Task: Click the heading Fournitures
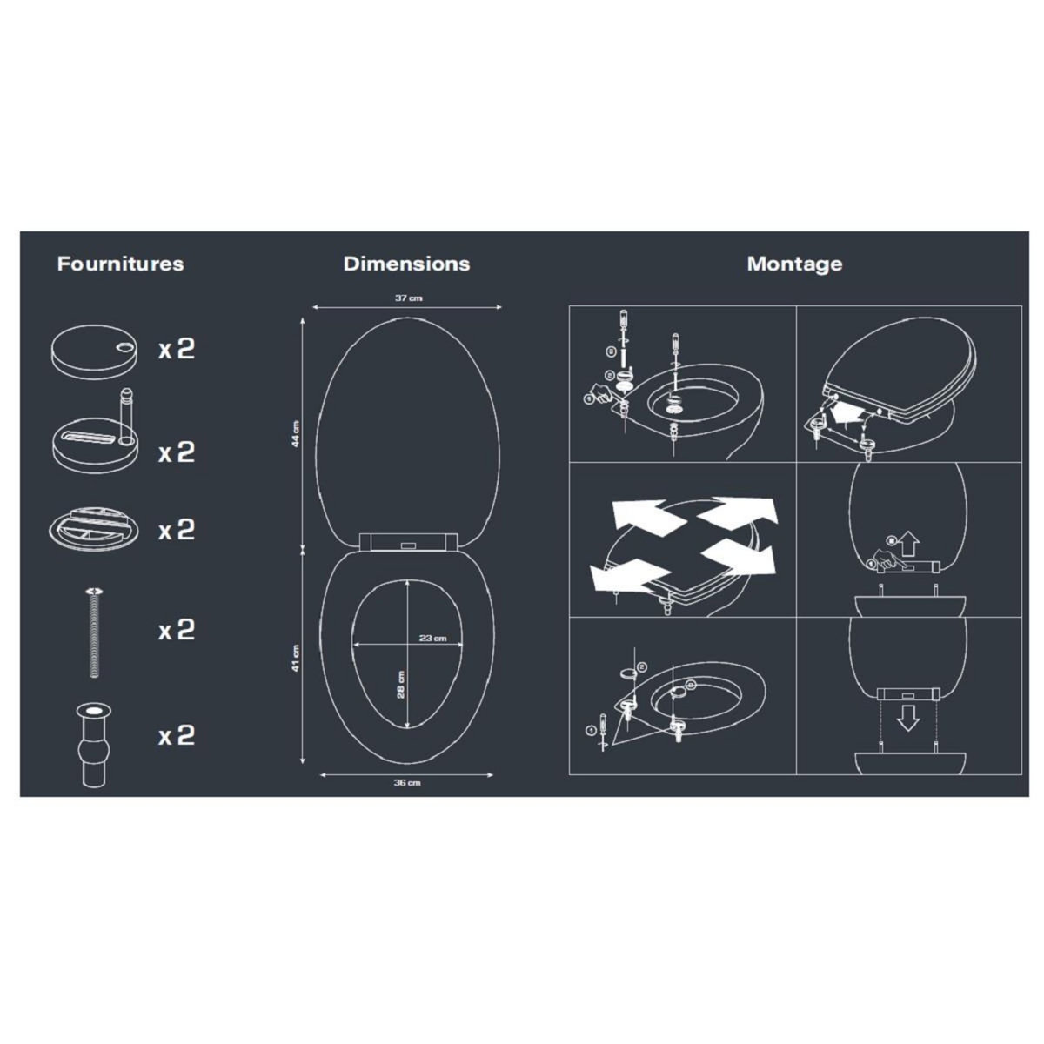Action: pos(120,264)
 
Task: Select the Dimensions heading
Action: pos(406,264)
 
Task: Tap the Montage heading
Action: pos(794,264)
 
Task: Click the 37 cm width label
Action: pos(408,298)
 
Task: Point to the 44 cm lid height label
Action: pos(296,433)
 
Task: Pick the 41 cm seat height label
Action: pos(296,658)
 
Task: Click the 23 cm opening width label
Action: pos(432,638)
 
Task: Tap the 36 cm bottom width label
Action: pos(406,783)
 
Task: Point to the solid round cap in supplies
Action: pos(94,349)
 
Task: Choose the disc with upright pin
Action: pos(96,438)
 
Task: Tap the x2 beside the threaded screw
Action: pos(176,630)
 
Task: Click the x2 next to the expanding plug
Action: pos(176,736)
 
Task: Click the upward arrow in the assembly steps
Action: pos(909,545)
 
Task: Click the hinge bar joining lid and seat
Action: pos(406,542)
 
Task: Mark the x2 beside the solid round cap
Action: pos(176,349)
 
